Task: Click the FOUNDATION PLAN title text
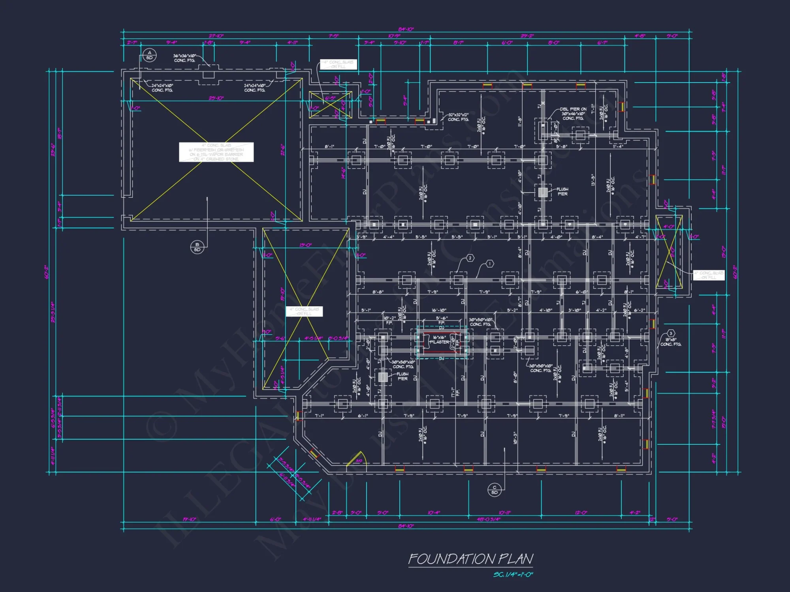(470, 559)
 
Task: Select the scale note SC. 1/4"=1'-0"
(513, 575)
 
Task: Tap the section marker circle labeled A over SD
(149, 55)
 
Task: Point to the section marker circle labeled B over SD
(197, 247)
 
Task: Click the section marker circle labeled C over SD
(494, 490)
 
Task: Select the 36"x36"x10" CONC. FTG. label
(184, 58)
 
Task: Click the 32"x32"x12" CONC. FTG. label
(458, 117)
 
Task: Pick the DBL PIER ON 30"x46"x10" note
(573, 114)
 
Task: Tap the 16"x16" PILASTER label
(439, 340)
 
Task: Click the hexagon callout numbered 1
(489, 264)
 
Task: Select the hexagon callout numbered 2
(470, 258)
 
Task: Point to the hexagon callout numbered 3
(670, 333)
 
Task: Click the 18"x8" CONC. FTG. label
(671, 342)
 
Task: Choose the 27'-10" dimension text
(216, 36)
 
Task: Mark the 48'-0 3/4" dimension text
(489, 519)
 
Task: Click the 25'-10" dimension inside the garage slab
(216, 98)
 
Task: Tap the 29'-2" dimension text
(527, 36)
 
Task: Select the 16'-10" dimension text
(439, 310)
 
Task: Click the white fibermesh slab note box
(216, 152)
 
